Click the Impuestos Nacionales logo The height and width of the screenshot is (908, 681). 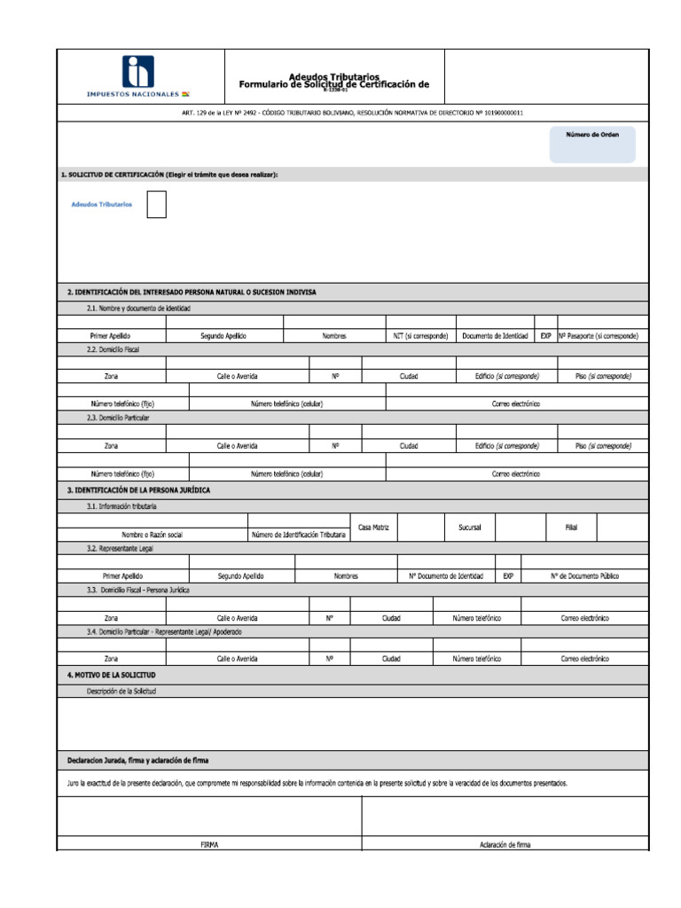pos(137,76)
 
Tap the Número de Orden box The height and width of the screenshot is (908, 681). pos(592,144)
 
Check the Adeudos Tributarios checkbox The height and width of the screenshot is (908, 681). pos(156,204)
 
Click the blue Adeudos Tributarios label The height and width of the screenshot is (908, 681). pos(102,204)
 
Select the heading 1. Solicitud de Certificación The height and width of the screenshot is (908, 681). pos(168,175)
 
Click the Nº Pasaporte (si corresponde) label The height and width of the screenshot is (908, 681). pos(599,336)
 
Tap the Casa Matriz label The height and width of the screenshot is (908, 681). pos(373,528)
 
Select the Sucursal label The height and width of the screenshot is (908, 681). pos(469,528)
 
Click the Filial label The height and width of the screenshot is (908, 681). pos(571,528)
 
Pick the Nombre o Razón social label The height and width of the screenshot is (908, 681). pos(152,535)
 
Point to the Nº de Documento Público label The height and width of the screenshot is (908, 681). pos(584,575)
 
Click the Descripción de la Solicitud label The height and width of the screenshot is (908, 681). pos(121,691)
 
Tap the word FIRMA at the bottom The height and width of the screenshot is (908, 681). pos(209,845)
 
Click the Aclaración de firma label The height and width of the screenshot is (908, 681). pos(505,845)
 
